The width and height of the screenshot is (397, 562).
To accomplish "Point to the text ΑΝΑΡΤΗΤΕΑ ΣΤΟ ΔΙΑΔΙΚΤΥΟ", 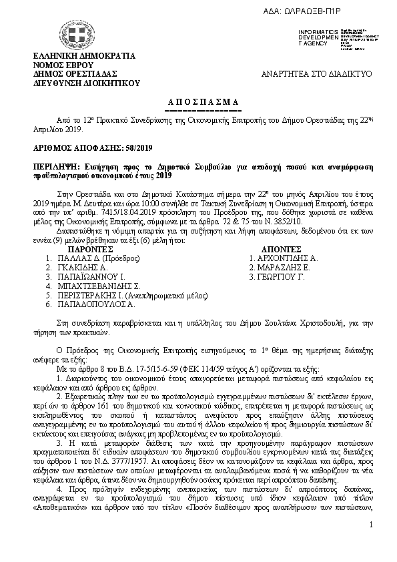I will click(316, 73).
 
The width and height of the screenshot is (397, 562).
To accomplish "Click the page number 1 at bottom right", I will click(370, 545).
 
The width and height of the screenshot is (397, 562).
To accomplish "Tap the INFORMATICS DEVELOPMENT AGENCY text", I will click(318, 37).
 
